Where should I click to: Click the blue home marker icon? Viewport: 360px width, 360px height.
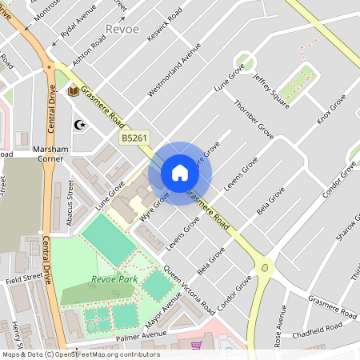(x=180, y=173)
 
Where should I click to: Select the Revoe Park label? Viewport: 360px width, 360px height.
(x=114, y=279)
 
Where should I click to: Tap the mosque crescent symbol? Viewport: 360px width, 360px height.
(x=78, y=124)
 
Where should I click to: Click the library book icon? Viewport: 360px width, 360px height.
(x=74, y=92)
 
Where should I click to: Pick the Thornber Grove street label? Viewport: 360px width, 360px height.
(x=254, y=121)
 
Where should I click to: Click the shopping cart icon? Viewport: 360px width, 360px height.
(x=196, y=346)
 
